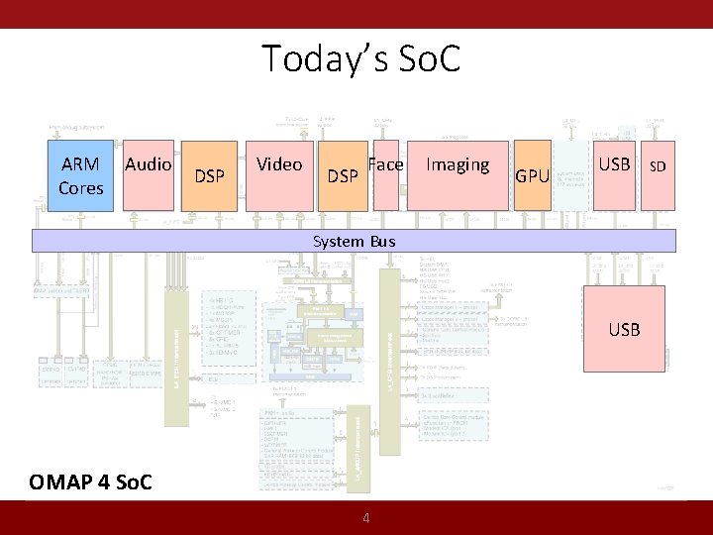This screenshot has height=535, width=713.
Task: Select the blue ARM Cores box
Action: (x=80, y=175)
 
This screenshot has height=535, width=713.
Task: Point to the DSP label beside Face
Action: (x=343, y=176)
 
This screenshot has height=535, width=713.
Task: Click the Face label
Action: (x=385, y=164)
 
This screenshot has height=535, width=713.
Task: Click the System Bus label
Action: (x=354, y=241)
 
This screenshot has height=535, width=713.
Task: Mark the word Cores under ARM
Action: (x=80, y=187)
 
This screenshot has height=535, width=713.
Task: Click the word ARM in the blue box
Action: (x=80, y=164)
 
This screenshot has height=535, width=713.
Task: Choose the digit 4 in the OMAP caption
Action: (x=107, y=482)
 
